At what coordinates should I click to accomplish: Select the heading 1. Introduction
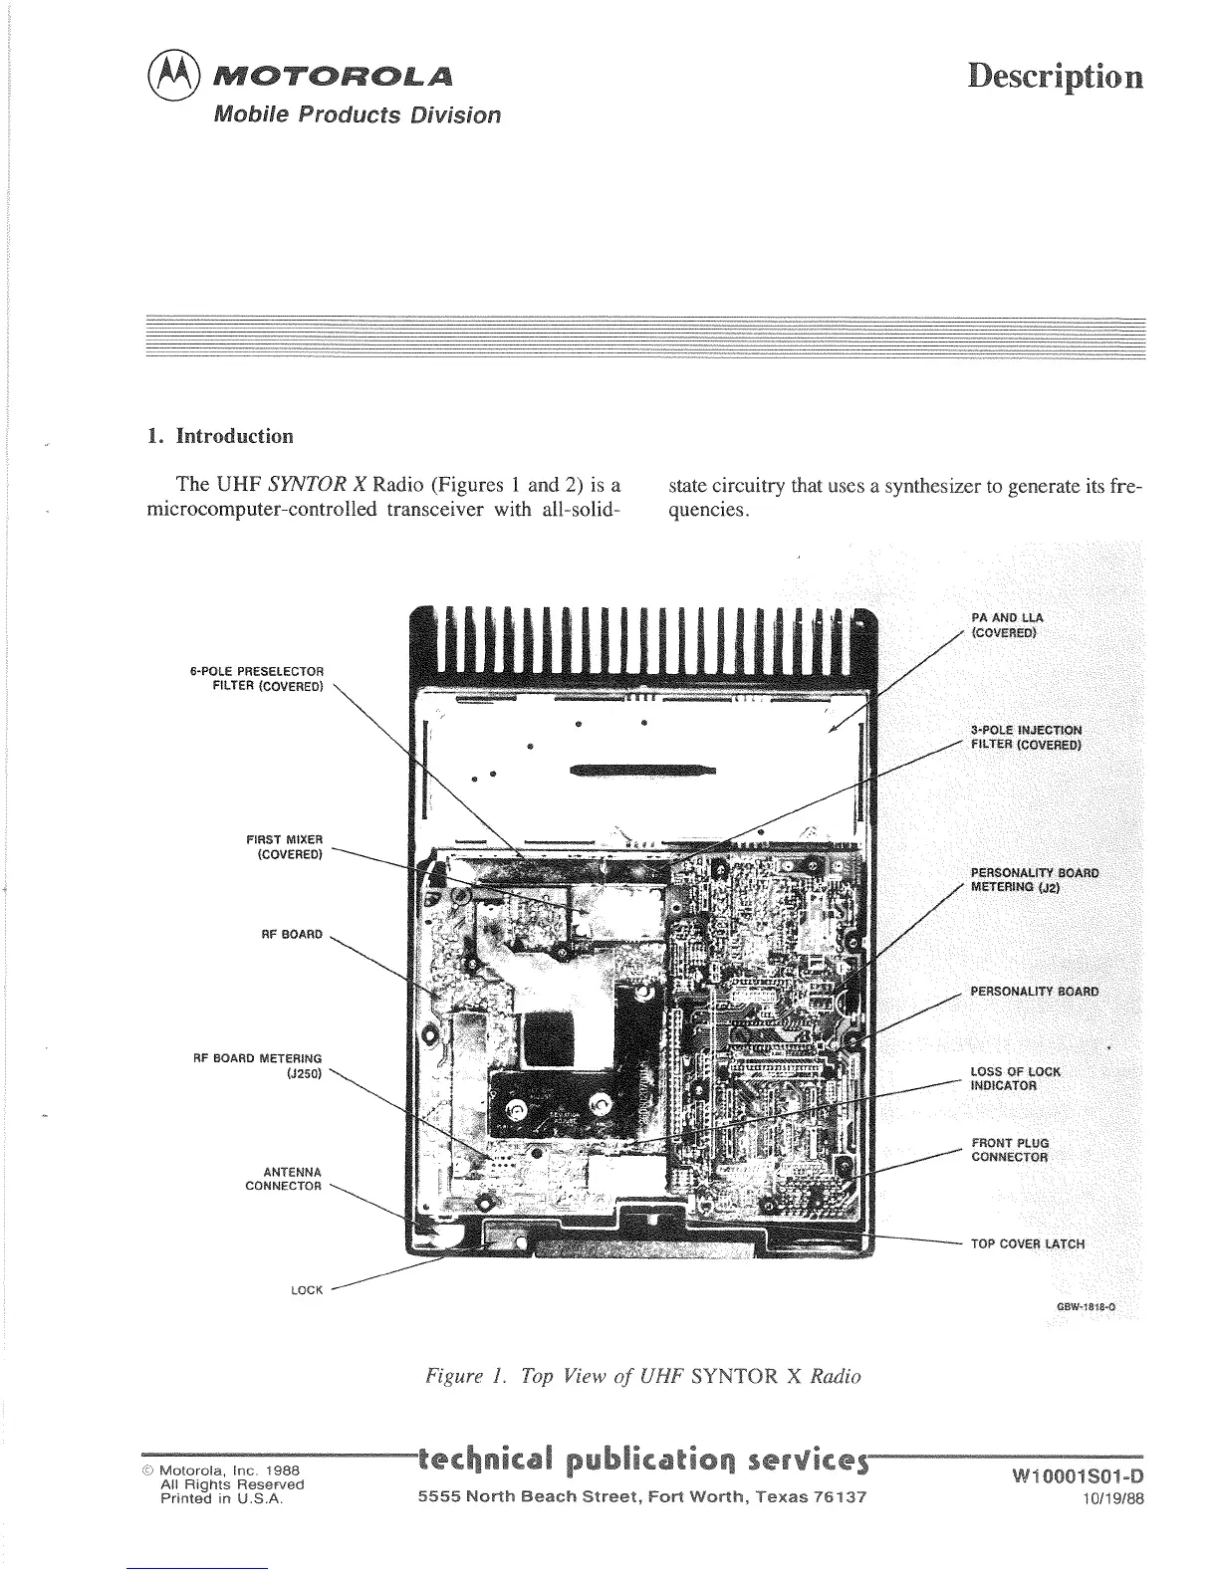click(x=220, y=436)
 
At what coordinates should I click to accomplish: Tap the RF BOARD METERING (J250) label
click(x=257, y=1064)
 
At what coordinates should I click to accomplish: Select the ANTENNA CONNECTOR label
click(x=284, y=1179)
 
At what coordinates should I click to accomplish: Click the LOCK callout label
click(x=307, y=1290)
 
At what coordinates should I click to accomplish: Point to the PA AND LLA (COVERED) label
click(x=1007, y=625)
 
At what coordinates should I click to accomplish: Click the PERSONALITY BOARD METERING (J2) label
click(x=1035, y=880)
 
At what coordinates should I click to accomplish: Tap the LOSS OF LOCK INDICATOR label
click(x=1015, y=1078)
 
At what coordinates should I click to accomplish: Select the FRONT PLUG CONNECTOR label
click(x=1010, y=1150)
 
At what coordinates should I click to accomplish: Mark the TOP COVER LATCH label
click(x=1028, y=1243)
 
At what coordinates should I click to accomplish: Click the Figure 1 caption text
click(x=642, y=1377)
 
